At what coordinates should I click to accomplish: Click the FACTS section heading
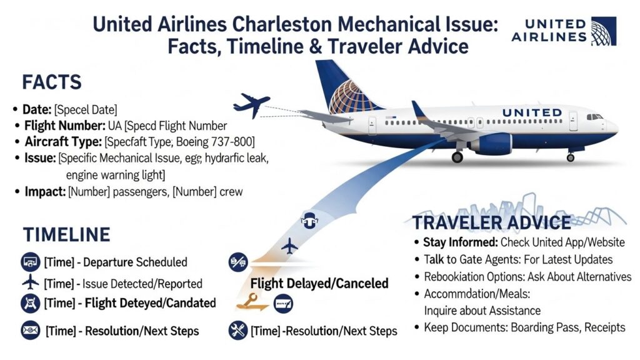pos(52,83)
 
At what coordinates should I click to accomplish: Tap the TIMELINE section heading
pos(66,234)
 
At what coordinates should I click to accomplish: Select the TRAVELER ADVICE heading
pos(491,222)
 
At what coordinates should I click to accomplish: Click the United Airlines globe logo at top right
pos(603,31)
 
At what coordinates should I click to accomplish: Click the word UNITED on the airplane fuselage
pos(532,112)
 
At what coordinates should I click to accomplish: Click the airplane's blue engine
pos(491,143)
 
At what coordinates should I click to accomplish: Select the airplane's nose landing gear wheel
pos(570,157)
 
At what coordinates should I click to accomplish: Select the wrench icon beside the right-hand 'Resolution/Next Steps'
pos(237,329)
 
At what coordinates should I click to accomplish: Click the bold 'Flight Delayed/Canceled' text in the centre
pos(319,284)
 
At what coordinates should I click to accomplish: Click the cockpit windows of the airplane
pos(594,117)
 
